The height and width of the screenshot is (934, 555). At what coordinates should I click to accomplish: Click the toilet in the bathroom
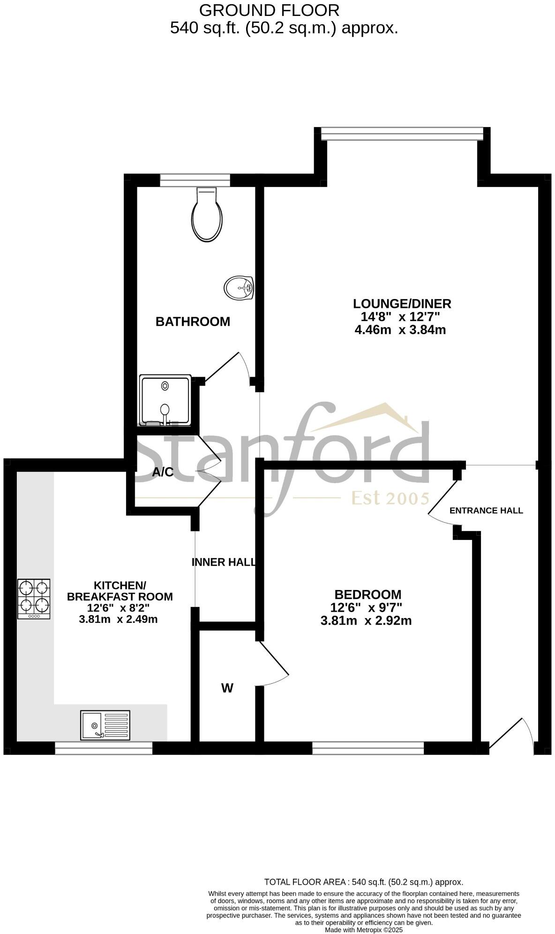click(x=207, y=215)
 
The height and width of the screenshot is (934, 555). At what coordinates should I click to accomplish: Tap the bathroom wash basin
click(x=239, y=287)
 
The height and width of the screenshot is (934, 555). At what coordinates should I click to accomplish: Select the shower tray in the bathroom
click(x=165, y=400)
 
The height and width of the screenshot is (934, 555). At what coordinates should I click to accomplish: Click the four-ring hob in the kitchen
click(x=34, y=598)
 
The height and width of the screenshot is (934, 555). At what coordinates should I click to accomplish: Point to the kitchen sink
click(x=105, y=725)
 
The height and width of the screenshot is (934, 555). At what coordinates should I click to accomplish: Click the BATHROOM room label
click(x=193, y=322)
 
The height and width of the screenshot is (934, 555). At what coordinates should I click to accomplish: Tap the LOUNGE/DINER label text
click(x=402, y=304)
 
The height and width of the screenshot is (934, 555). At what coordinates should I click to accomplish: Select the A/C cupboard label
click(x=163, y=472)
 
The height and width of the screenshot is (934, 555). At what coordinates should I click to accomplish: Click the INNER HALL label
click(x=224, y=562)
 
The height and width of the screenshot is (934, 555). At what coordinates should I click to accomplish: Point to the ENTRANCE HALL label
click(x=486, y=510)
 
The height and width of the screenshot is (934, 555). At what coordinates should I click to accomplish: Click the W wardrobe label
click(x=227, y=688)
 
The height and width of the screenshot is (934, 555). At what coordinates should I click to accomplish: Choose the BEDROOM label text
click(x=367, y=595)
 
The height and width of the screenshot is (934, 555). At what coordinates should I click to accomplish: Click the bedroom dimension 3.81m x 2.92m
click(x=366, y=621)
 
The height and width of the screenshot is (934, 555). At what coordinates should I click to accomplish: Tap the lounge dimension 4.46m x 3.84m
click(x=400, y=330)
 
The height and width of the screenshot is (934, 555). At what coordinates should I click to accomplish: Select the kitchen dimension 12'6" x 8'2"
click(x=119, y=608)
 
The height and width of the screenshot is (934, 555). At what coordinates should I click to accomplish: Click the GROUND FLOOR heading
click(x=269, y=10)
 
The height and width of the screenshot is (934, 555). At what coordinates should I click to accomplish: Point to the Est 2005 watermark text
click(x=390, y=498)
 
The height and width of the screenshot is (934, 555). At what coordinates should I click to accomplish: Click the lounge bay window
click(x=402, y=134)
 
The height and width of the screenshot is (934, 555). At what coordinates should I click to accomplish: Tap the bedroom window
click(x=368, y=748)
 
